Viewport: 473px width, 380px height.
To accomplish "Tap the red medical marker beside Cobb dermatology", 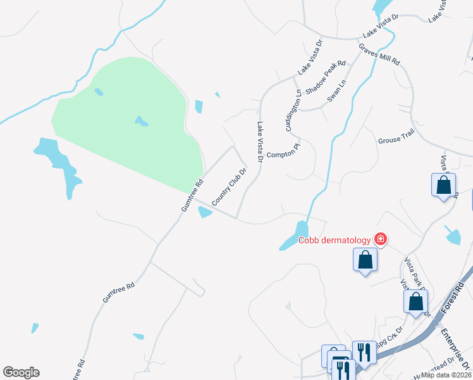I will pos(381,239).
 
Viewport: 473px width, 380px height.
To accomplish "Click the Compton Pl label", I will pos(283,154).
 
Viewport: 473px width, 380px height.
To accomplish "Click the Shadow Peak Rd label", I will pos(326,77).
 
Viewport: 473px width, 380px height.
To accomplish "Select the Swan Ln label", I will pos(337,91).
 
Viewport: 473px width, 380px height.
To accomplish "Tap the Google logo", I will pos(21,372).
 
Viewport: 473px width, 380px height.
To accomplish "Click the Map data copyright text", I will pos(446,375).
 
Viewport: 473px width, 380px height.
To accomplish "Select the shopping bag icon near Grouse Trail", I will pos(444,186).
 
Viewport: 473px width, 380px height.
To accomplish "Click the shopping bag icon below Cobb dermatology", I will pos(365,260).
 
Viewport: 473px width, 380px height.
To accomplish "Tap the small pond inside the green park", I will pos(141,120).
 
